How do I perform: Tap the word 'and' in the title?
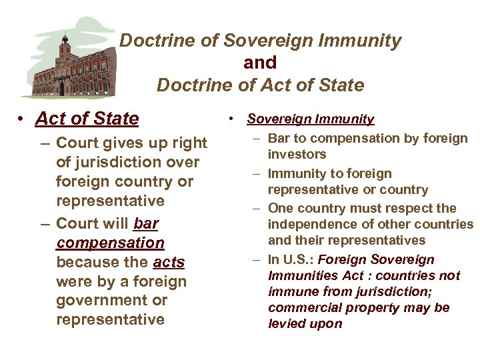click(x=260, y=63)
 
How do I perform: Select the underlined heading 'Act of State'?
click(x=87, y=119)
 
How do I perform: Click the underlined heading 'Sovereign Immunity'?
click(x=310, y=119)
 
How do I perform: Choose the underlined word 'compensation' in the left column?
click(x=110, y=243)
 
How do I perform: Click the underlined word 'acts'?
click(x=169, y=262)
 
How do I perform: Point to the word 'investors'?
click(x=297, y=154)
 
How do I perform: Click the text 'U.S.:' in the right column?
click(x=301, y=260)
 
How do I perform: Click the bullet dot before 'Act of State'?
click(x=22, y=119)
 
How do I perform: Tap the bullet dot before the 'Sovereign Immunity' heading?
click(x=230, y=120)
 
